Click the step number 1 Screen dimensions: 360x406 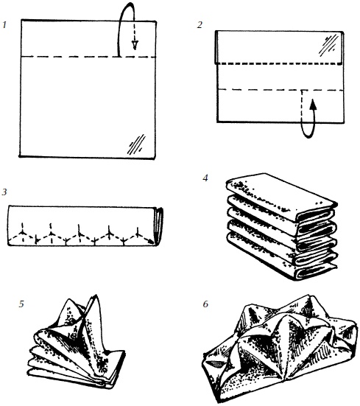pos(4,25)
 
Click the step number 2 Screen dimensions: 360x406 pos(200,25)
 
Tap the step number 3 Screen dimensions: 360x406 pos(4,192)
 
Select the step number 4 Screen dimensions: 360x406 pos(205,178)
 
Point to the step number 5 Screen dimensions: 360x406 pos(21,304)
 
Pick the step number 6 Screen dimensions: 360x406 pos(205,304)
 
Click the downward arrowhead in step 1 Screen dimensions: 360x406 pos(135,45)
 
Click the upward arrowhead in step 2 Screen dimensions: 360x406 pos(313,104)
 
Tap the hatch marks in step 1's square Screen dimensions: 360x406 pos(136,144)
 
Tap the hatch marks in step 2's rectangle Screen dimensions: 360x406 pos(328,46)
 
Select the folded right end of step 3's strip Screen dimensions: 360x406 pos(159,225)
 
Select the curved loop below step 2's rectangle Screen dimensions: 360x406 pos(309,127)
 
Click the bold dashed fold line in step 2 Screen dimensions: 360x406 pos(280,63)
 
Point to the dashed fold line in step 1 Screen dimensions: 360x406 pos(88,57)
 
